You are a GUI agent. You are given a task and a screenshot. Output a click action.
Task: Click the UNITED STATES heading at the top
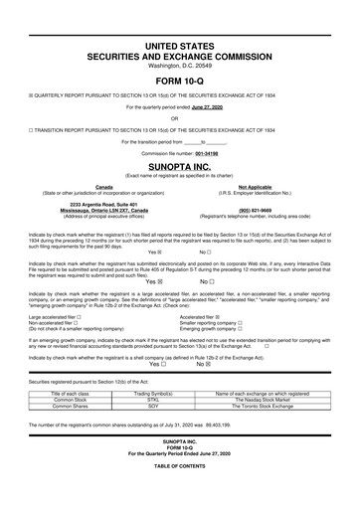179,47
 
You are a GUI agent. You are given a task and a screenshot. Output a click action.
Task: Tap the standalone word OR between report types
179,117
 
